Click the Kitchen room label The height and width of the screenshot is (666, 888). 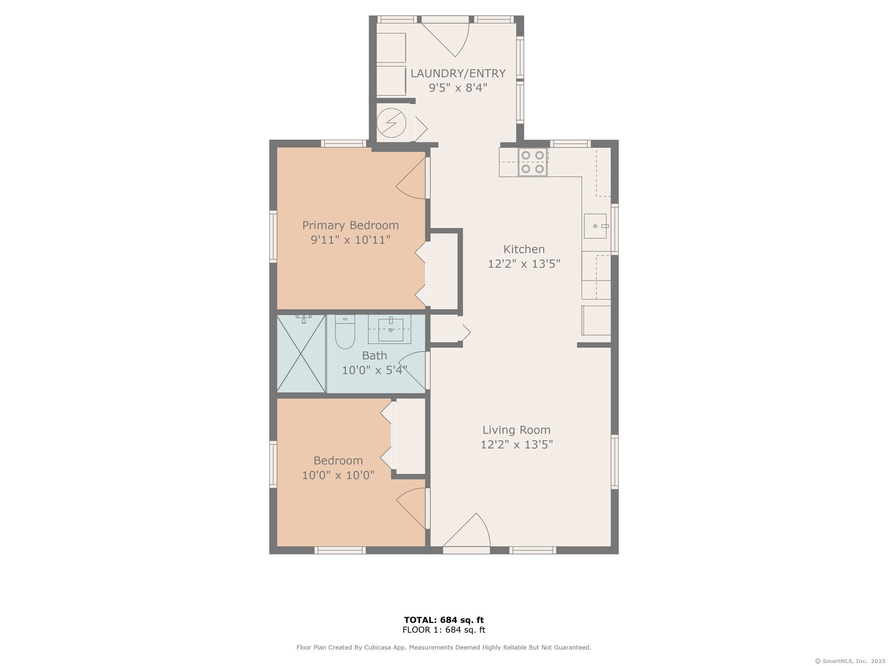click(x=524, y=249)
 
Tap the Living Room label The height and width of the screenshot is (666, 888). click(x=516, y=430)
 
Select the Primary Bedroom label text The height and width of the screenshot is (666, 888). click(x=350, y=225)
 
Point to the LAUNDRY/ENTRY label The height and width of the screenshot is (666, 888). click(x=458, y=74)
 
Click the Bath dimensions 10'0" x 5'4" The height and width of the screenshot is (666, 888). click(x=375, y=370)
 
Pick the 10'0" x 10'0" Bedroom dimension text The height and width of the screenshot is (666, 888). click(x=338, y=475)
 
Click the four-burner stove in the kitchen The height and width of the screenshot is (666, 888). click(x=532, y=162)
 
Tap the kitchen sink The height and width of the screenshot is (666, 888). click(x=595, y=226)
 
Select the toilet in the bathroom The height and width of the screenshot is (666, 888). click(x=345, y=332)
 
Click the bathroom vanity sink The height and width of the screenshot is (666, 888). click(x=390, y=330)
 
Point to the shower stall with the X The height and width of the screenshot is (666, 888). click(x=301, y=354)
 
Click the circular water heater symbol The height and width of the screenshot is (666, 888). click(x=392, y=122)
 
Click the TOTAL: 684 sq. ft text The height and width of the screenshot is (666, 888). click(x=444, y=620)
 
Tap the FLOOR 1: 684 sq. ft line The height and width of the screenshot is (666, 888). click(x=444, y=630)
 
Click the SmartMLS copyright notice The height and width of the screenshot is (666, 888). click(x=850, y=661)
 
